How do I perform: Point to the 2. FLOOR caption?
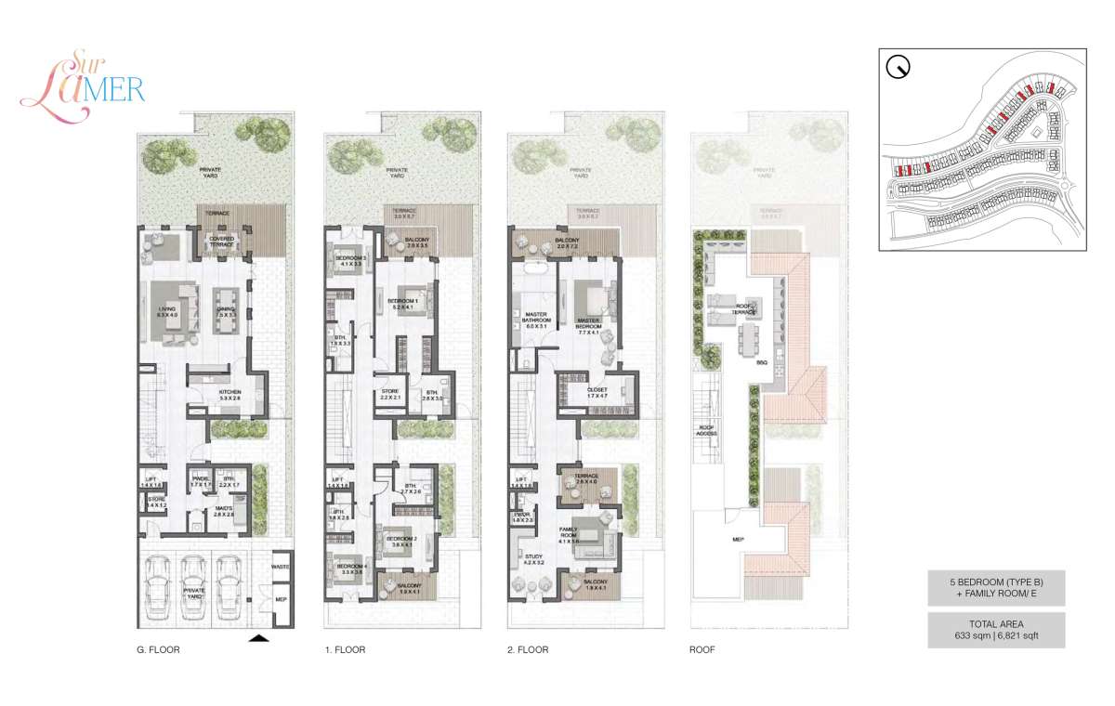pos(528,650)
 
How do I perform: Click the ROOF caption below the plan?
pos(703,650)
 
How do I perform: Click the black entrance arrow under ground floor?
pos(260,638)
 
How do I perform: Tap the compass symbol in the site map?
pos(899,68)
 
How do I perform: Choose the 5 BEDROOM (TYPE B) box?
pos(996,589)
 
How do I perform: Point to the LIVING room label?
pos(167,313)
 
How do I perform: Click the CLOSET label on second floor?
pos(597,391)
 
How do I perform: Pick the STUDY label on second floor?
pos(534,559)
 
